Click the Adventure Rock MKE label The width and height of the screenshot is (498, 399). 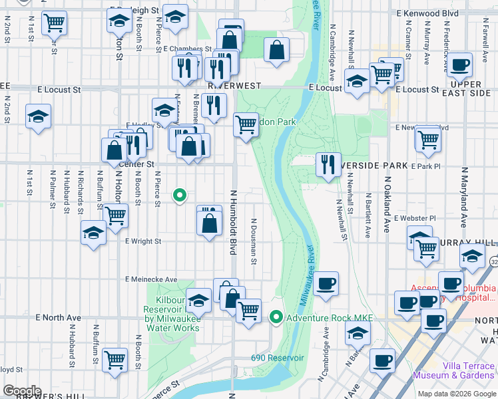pyautogui.click(x=322, y=318)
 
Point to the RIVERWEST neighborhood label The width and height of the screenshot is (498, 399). pyautogui.click(x=230, y=86)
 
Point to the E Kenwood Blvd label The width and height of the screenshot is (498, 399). pyautogui.click(x=427, y=13)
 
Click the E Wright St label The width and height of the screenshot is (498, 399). pyautogui.click(x=142, y=241)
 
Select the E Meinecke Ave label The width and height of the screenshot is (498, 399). pyautogui.click(x=151, y=279)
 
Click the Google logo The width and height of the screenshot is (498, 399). pyautogui.click(x=22, y=391)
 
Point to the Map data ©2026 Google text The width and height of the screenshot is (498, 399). pyautogui.click(x=456, y=394)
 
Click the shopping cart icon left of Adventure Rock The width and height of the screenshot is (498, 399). pyautogui.click(x=249, y=310)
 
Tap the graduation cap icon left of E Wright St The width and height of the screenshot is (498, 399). pyautogui.click(x=93, y=233)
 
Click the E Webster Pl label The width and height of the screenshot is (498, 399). pyautogui.click(x=414, y=217)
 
